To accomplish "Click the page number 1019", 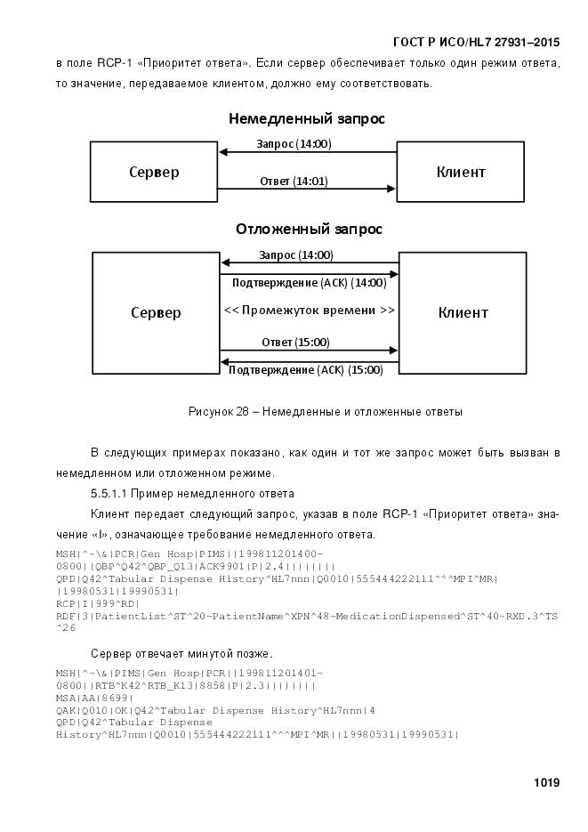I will (x=546, y=783).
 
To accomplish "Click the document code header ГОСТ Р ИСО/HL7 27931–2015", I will (x=476, y=42).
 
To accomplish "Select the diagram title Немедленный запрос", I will (x=306, y=118).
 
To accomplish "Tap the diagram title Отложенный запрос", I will (x=309, y=229).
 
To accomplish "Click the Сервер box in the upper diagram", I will (x=153, y=172).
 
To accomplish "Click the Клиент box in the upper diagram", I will (x=460, y=172).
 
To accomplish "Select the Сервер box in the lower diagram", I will (x=156, y=312).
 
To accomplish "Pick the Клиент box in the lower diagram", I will (x=463, y=312).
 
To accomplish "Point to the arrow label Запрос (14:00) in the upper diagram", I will (x=294, y=143).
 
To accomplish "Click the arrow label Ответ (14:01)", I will (x=294, y=181).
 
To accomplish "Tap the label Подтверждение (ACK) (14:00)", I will (x=309, y=283).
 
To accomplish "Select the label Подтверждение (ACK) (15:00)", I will (x=306, y=370).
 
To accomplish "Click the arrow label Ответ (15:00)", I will (x=295, y=342).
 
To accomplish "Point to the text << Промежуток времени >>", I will (x=309, y=311).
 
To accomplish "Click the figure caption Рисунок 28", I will (x=325, y=412).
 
